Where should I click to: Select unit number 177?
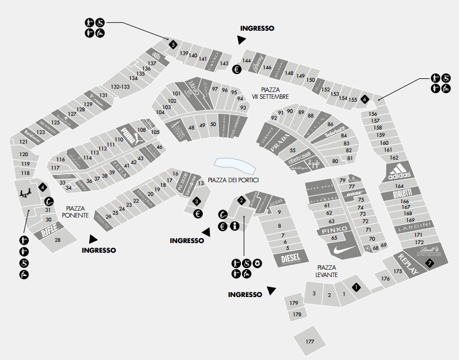pyautogui.click(x=310, y=341)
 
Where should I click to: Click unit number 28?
pyautogui.click(x=57, y=240)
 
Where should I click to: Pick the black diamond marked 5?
pyautogui.click(x=173, y=43)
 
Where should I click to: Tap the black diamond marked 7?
pyautogui.click(x=429, y=263)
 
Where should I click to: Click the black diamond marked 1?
pyautogui.click(x=356, y=287)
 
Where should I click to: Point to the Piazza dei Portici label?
pyautogui.click(x=233, y=179)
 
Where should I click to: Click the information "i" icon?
pyautogui.click(x=234, y=227)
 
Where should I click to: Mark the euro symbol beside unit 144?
pyautogui.click(x=237, y=70)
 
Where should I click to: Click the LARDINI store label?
pyautogui.click(x=411, y=227)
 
